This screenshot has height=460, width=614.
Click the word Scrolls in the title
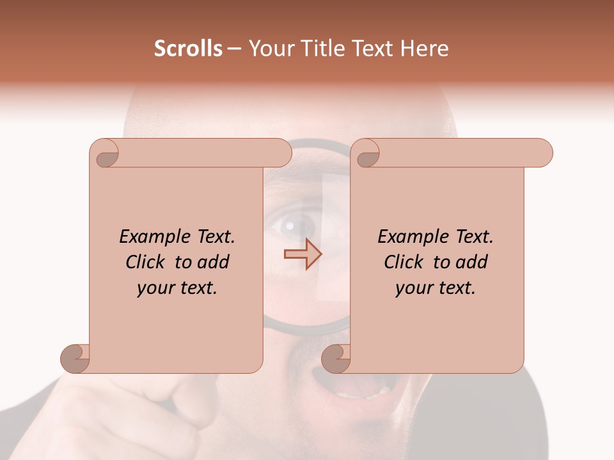pyautogui.click(x=188, y=49)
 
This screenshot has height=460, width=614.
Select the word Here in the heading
pyautogui.click(x=425, y=49)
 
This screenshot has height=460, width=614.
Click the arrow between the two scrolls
pyautogui.click(x=303, y=254)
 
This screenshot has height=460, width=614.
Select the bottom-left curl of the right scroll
pyautogui.click(x=336, y=357)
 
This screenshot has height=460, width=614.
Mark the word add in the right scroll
pyautogui.click(x=471, y=263)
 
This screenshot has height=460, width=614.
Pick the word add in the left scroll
pyautogui.click(x=213, y=263)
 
